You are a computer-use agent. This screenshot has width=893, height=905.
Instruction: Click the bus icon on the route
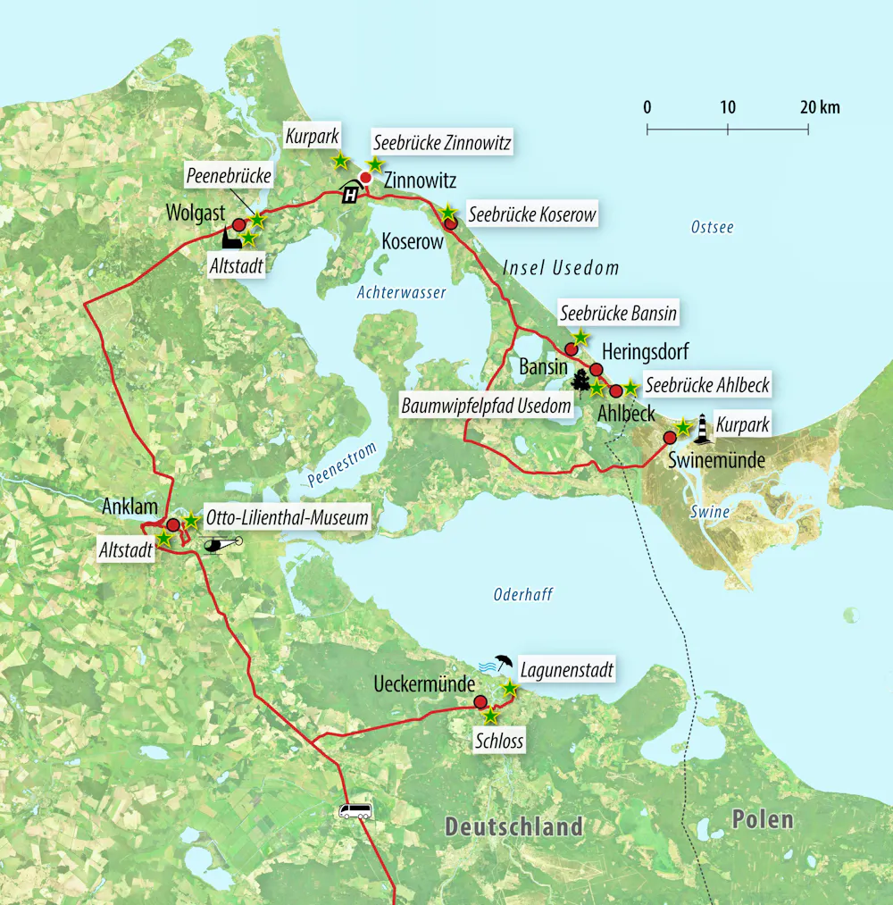pos(355,811)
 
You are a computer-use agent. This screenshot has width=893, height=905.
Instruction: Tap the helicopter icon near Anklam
pos(222,544)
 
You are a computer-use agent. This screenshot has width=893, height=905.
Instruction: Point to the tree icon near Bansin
pos(580,380)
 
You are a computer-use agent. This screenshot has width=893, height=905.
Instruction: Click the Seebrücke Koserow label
pos(530,215)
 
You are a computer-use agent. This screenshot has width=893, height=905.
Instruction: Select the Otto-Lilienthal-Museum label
pos(286,517)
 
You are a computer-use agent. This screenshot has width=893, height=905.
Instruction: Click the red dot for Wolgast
pos(238,225)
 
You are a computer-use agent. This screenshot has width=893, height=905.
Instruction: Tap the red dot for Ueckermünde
pos(480,701)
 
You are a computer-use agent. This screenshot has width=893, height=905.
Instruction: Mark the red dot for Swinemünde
pos(670,438)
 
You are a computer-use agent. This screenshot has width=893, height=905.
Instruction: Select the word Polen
pos(762,819)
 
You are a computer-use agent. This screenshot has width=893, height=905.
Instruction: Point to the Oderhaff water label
pos(523,595)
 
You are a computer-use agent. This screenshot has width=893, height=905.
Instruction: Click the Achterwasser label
pos(401,292)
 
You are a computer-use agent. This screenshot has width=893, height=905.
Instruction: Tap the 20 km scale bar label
pos(820,108)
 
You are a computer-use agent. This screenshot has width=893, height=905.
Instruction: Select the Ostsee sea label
pos(712,228)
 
